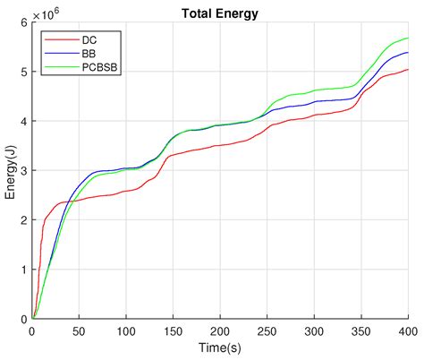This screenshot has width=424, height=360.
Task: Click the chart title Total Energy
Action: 220,14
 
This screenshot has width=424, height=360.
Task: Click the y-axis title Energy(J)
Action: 12,171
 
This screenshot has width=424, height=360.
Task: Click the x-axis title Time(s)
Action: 220,348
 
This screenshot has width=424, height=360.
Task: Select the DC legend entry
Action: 87,40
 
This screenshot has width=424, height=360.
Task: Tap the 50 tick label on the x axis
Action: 79,330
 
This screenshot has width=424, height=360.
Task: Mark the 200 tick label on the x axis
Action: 220,330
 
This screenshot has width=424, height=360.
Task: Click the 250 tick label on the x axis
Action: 267,330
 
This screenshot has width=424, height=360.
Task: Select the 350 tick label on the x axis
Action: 361,330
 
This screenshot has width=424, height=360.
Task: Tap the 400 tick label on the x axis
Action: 408,330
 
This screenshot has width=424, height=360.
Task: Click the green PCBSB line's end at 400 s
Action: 408,39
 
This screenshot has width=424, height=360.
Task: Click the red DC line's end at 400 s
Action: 408,70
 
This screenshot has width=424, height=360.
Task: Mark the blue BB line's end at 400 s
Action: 408,53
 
